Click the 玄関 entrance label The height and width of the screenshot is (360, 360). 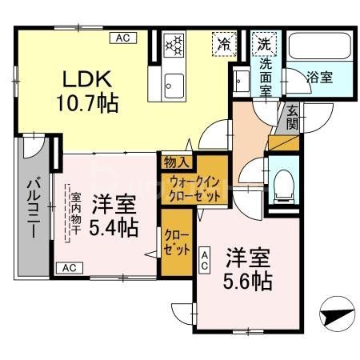click(x=291, y=118)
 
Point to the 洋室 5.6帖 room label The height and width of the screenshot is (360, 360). click(x=248, y=270)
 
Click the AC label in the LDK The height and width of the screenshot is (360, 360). click(x=123, y=37)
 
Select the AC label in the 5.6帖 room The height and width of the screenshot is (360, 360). click(x=206, y=258)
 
